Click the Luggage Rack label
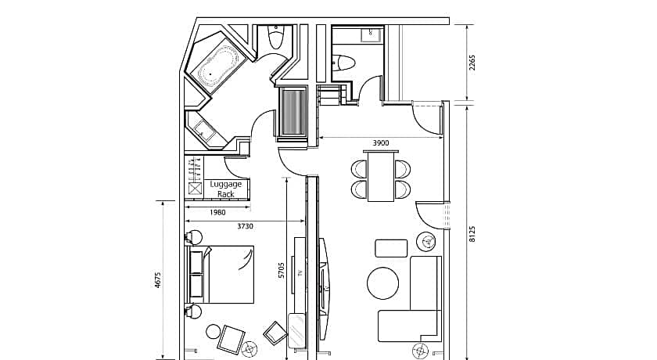pyautogui.click(x=226, y=189)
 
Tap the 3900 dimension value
pyautogui.click(x=380, y=143)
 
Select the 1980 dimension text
pyautogui.click(x=217, y=213)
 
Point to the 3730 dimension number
pyautogui.click(x=245, y=226)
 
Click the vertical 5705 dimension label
pyautogui.click(x=282, y=270)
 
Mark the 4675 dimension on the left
pyautogui.click(x=158, y=280)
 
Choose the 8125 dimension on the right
pyautogui.click(x=472, y=234)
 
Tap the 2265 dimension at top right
pyautogui.click(x=472, y=63)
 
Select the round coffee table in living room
pyautogui.click(x=383, y=283)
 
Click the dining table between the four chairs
pyautogui.click(x=381, y=176)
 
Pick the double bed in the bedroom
pyautogui.click(x=221, y=275)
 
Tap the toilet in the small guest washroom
pyautogui.click(x=344, y=63)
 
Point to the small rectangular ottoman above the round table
pyautogui.click(x=391, y=248)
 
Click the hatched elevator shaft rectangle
pyautogui.click(x=293, y=112)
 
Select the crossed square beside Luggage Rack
pyautogui.click(x=196, y=189)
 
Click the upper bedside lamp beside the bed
pyautogui.click(x=194, y=238)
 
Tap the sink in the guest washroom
pyautogui.click(x=372, y=34)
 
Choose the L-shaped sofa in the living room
pyautogui.click(x=410, y=299)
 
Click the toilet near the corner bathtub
pyautogui.click(x=275, y=38)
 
